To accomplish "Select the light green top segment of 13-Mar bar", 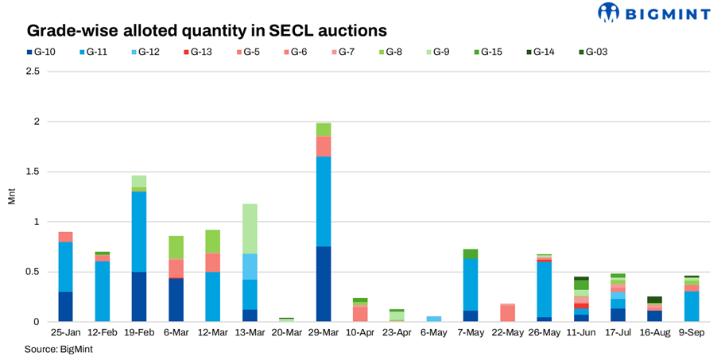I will (249, 229).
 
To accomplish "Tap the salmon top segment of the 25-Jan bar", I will (65, 237).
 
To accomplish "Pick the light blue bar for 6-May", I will (434, 319).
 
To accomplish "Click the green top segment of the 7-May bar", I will (471, 254).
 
